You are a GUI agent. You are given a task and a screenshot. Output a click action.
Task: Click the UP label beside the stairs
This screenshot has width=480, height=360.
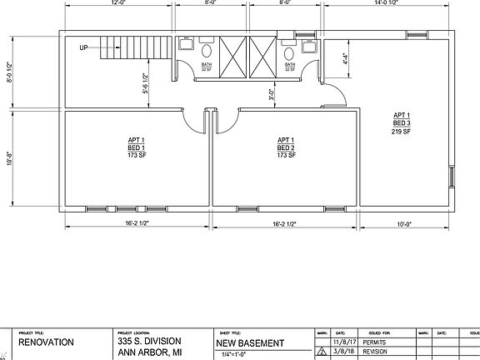pos(83,47)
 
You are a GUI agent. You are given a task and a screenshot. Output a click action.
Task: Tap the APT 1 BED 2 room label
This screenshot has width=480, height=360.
pos(286,147)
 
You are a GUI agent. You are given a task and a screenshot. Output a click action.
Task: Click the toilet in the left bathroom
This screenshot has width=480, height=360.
pos(206,52)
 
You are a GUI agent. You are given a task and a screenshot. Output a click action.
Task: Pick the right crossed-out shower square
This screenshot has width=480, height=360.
pos(261,56)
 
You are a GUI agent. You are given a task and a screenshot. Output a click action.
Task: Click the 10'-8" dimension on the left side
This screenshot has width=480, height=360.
pos(9,158)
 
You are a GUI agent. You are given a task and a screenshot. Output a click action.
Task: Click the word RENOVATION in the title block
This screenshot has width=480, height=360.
pos(47,342)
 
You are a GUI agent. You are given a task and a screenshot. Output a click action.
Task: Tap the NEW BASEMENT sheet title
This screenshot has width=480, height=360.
pos(250,342)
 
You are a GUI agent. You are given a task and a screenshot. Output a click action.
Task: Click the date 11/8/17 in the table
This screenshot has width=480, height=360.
pos(343,342)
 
